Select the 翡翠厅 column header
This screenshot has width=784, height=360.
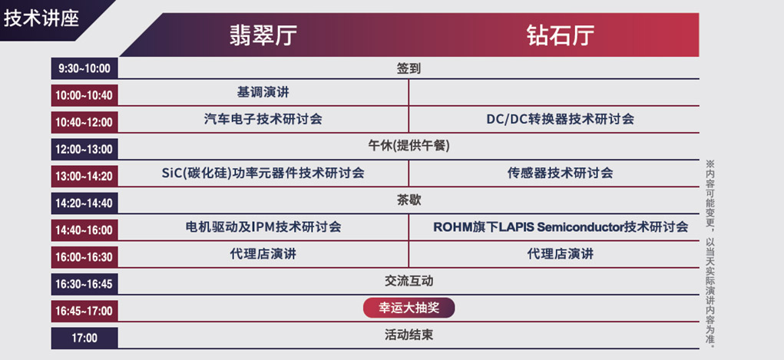263,35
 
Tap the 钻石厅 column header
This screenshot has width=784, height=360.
561,35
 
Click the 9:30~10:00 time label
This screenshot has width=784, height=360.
84,68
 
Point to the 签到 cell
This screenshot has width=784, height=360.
409,68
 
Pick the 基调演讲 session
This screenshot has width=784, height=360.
263,93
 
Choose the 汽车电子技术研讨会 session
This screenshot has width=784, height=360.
263,120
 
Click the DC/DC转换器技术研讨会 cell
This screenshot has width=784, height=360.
560,120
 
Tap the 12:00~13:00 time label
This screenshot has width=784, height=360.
84,149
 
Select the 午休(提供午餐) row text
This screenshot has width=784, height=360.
409,146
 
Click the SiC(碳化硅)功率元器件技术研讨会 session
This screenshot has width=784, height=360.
263,173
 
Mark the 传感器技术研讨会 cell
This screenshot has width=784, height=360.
560,173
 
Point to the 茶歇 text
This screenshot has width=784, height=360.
409,200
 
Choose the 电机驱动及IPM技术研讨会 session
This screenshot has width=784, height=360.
263,227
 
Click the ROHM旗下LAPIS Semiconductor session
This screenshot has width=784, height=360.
560,227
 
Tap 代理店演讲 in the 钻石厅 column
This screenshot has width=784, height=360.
560,254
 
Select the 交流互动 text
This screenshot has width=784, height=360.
409,281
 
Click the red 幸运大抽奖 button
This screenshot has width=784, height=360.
409,308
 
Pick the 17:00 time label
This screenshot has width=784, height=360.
84,338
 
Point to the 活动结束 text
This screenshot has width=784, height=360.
409,335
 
